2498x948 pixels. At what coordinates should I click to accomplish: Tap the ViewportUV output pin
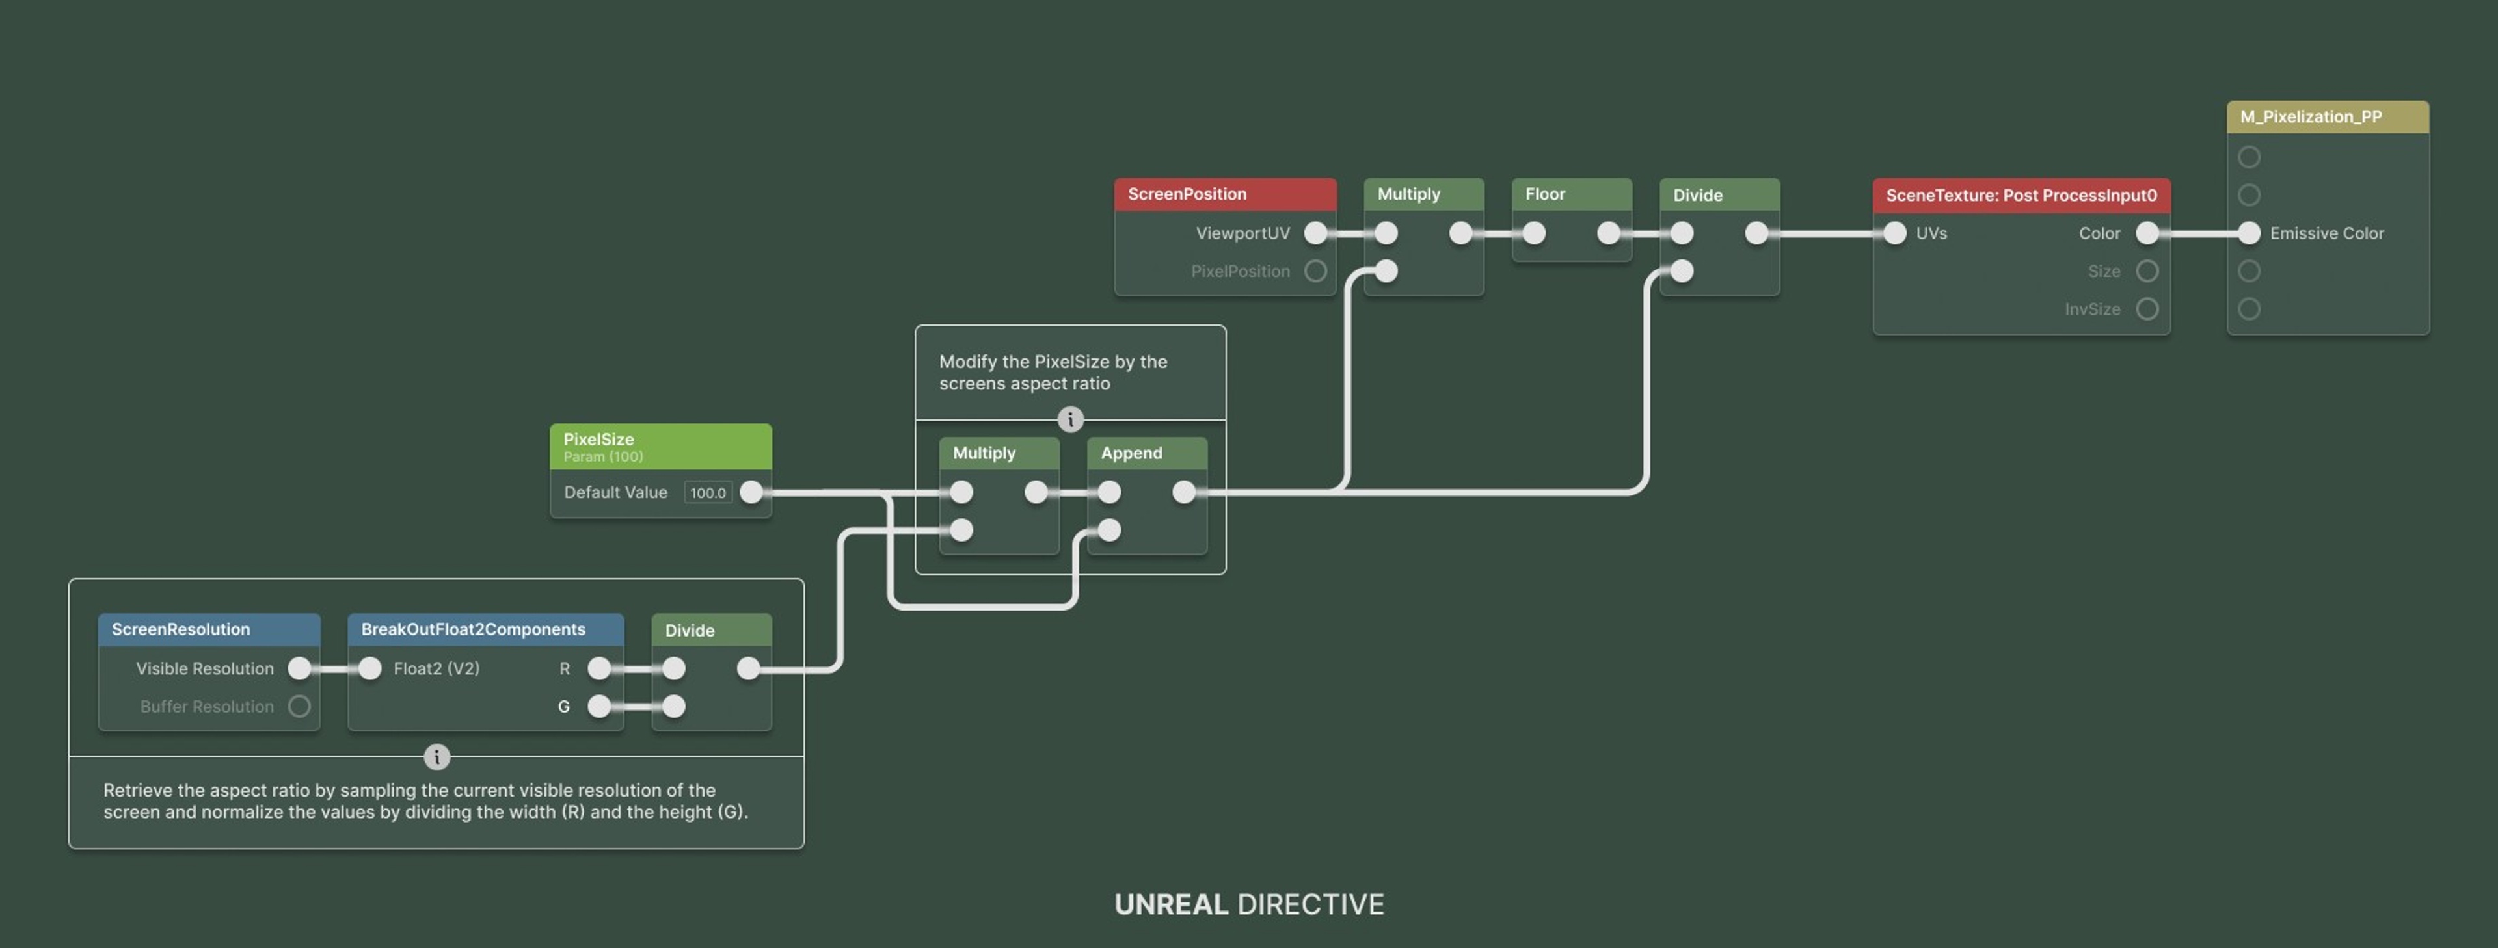(1315, 233)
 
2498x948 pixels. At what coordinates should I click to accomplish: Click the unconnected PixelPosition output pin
(1315, 270)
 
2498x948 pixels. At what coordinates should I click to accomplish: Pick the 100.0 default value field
(708, 492)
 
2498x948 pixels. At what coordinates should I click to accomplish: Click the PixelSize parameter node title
(598, 439)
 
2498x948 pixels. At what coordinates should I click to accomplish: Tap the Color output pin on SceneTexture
(2147, 233)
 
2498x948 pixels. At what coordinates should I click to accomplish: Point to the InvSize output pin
(2147, 308)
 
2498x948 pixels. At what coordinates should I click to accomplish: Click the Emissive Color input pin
(2249, 233)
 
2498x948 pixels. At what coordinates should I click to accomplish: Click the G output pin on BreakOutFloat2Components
(599, 705)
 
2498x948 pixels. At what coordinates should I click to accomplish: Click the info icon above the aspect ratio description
(436, 756)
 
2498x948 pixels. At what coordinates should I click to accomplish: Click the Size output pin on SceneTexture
(2147, 270)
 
